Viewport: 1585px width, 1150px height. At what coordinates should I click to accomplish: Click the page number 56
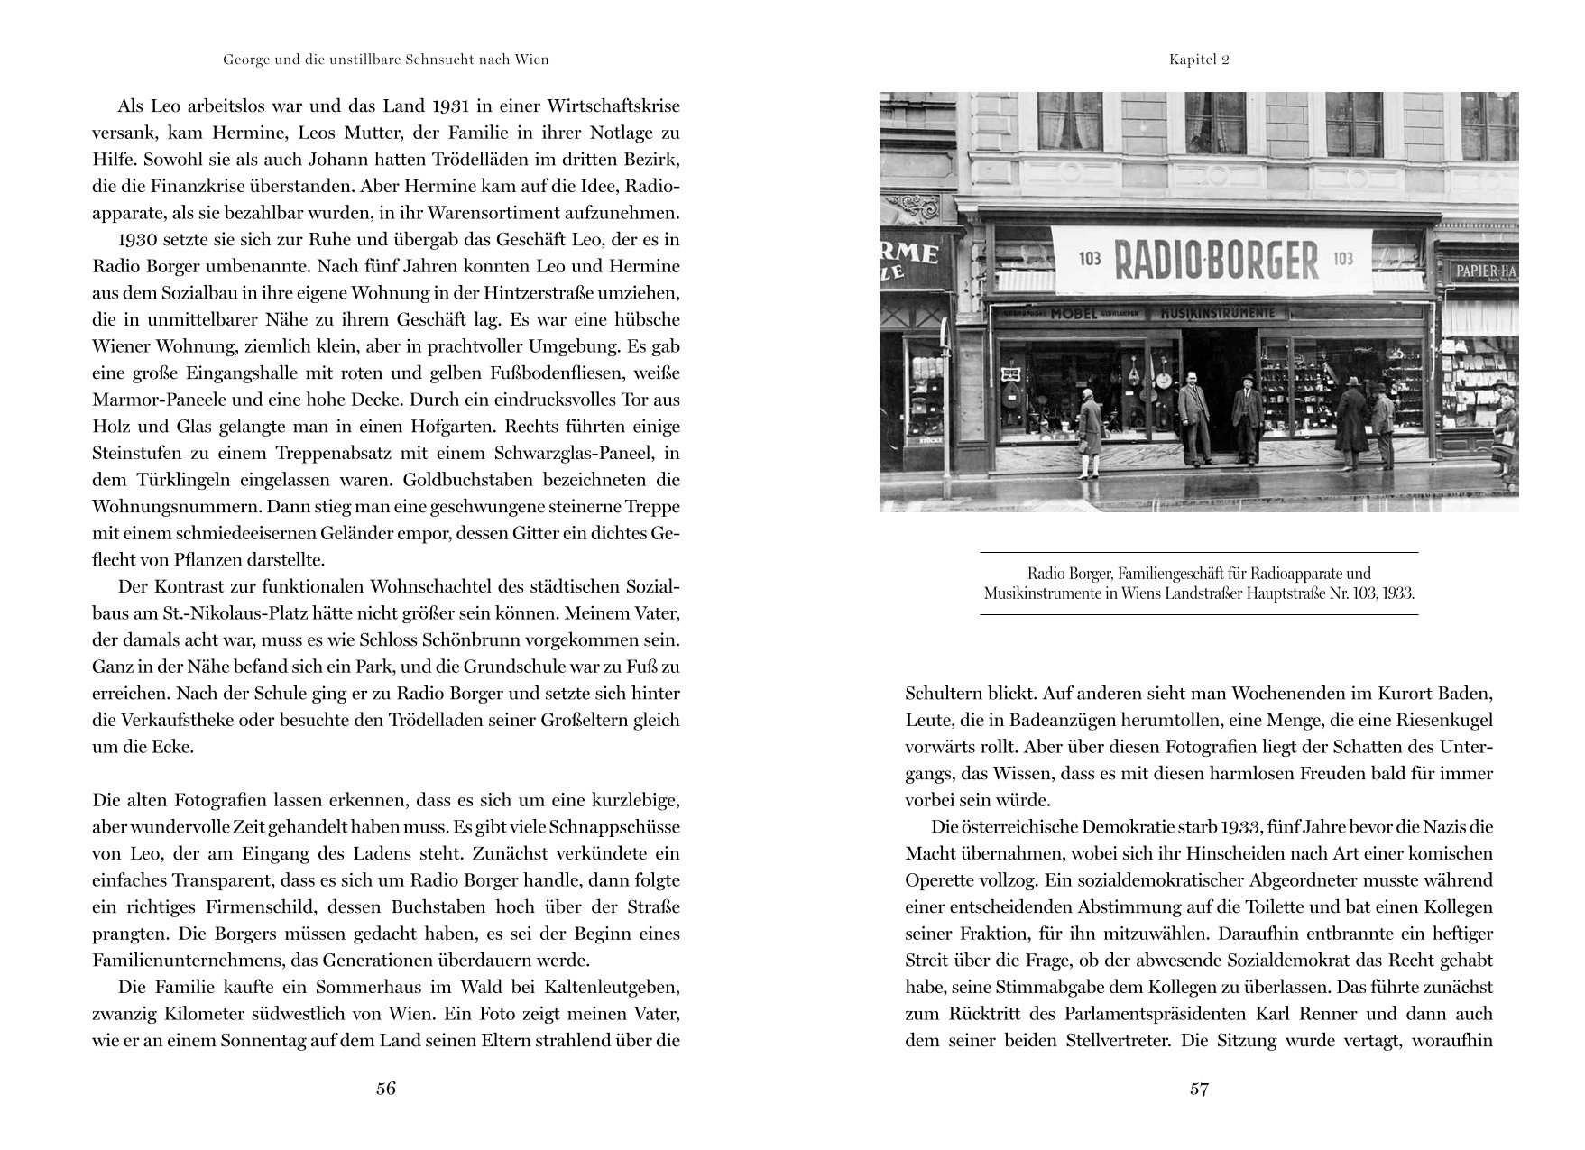tap(385, 1088)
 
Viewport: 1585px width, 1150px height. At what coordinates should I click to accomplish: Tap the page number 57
tap(1198, 1088)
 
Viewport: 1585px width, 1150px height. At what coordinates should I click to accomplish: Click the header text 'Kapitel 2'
tap(1199, 60)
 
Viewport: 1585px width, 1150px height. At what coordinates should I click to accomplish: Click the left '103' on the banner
tap(1090, 259)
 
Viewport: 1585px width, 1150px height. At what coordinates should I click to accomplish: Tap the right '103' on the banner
tap(1343, 259)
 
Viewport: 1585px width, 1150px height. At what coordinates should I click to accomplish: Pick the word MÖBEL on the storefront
tap(1072, 314)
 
